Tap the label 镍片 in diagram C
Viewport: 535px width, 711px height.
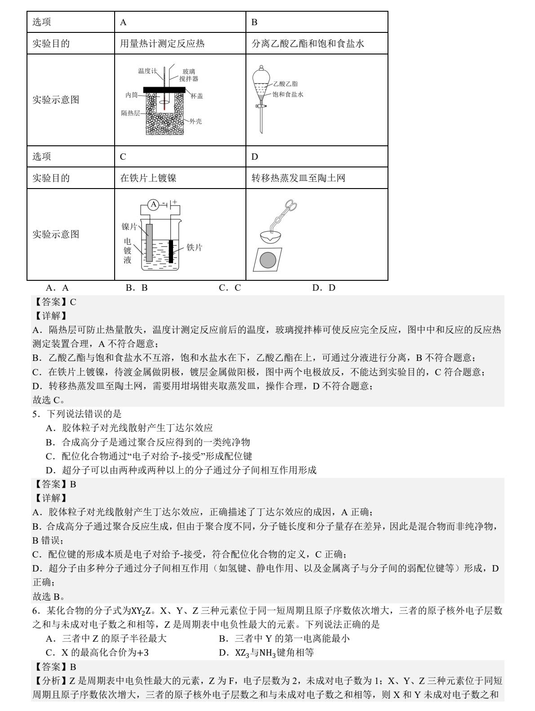point(129,226)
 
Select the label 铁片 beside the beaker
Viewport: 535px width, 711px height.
point(194,247)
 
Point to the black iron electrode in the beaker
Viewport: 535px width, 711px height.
point(171,251)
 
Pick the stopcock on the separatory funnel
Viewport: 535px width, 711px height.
point(260,106)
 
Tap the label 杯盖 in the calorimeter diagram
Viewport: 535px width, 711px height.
point(196,96)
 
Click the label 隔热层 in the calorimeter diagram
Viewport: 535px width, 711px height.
point(130,113)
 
